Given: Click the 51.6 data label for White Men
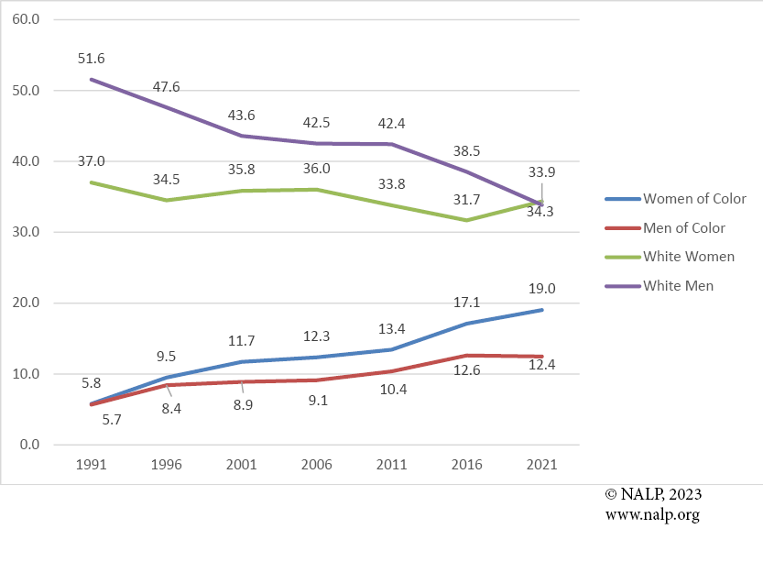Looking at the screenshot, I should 93,59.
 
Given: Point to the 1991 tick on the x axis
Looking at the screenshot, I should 93,465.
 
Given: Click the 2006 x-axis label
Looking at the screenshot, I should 317,465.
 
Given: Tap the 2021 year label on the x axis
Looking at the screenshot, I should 541,465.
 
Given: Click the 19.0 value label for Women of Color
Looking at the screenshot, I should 541,289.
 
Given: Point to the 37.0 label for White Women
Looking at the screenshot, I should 93,161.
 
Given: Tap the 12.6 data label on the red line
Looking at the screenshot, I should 467,372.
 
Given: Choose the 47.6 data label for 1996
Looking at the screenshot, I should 167,87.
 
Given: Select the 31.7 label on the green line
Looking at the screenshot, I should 467,200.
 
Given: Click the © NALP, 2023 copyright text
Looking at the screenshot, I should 653,494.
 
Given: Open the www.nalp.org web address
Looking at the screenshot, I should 652,514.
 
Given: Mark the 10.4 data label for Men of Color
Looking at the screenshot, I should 392,390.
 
